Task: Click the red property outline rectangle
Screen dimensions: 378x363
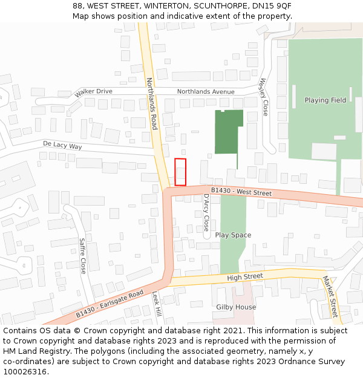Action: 180,172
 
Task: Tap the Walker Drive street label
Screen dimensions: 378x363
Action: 93,93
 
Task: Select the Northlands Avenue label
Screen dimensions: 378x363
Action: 205,92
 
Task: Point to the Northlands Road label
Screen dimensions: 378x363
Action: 151,103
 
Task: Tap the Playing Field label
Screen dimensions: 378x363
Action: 325,100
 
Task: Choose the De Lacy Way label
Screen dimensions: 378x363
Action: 62,146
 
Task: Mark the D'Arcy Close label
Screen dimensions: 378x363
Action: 206,212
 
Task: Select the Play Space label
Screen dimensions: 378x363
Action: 233,235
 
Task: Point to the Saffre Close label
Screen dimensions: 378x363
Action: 83,255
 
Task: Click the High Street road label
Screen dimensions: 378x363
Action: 245,277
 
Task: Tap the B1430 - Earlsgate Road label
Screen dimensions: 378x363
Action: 110,304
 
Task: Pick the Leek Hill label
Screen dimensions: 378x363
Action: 155,304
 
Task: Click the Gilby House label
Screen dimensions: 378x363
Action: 236,307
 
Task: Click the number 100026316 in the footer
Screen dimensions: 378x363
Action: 26,372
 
